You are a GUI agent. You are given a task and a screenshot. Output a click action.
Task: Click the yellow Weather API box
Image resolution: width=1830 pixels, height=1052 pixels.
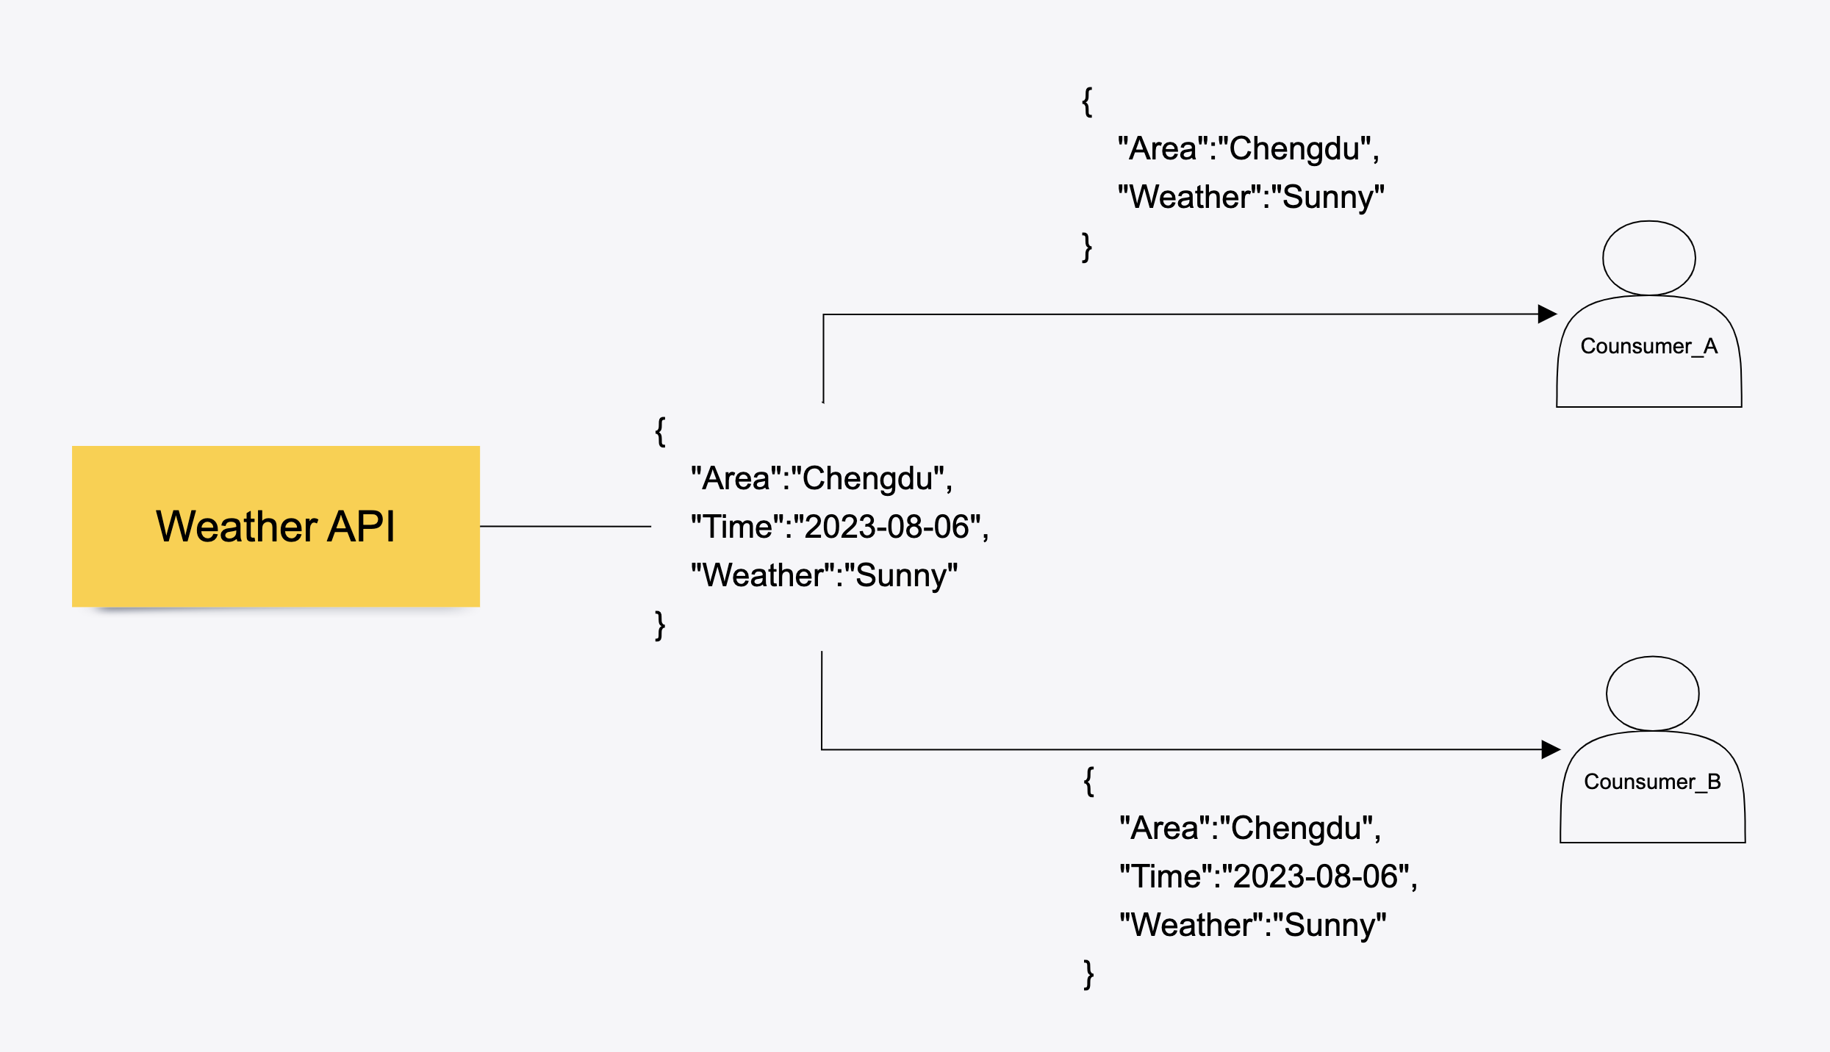click(276, 526)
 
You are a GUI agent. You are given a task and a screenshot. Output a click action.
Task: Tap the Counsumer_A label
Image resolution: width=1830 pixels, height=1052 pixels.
click(1648, 346)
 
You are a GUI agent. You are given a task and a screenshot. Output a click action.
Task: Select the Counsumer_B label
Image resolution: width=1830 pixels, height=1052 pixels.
click(1652, 782)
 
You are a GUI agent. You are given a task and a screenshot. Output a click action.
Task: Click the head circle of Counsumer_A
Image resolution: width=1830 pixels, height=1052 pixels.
click(1648, 258)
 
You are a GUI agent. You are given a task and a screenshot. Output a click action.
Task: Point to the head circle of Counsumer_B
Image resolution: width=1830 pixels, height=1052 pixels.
click(1652, 693)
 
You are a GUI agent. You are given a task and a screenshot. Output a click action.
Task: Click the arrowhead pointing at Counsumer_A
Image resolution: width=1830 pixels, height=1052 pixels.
click(1547, 314)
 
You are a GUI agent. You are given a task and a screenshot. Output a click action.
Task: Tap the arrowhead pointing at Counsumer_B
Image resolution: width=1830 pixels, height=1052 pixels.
click(1551, 749)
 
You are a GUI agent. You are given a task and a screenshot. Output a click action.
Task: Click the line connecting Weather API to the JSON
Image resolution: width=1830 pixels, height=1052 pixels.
click(565, 526)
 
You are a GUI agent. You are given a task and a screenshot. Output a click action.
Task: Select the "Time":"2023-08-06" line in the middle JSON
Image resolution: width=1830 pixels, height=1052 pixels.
click(839, 527)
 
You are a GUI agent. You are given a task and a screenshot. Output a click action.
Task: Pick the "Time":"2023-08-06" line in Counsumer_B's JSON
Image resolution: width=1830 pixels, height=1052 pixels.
click(1268, 876)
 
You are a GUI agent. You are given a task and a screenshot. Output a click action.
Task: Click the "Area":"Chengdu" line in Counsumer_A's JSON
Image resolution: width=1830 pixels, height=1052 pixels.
click(1248, 148)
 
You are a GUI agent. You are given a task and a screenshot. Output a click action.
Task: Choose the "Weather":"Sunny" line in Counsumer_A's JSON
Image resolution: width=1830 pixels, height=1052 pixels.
click(1251, 197)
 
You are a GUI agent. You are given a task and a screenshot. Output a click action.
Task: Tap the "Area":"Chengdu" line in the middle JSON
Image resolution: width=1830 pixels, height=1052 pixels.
click(821, 478)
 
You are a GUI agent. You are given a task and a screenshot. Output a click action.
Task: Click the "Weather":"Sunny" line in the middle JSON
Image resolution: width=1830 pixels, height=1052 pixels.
click(824, 575)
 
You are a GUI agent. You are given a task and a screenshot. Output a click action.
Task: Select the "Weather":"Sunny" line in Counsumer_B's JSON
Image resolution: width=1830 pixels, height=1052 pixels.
click(1252, 925)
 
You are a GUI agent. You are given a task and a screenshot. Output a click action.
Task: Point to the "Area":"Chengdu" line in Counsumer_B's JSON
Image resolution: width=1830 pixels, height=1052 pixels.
click(1249, 828)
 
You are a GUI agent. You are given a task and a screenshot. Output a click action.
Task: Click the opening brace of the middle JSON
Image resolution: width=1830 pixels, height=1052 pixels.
click(660, 431)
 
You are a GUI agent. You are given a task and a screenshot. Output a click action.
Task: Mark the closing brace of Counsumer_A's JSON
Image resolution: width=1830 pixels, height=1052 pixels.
click(1087, 247)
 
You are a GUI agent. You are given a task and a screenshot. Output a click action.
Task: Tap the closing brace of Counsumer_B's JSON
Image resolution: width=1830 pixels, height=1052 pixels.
click(1088, 974)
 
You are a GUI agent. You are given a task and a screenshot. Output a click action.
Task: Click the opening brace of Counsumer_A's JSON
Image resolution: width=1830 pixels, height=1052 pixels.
click(1087, 101)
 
